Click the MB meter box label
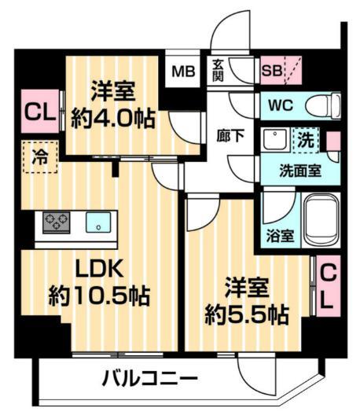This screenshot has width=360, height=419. click(183, 72)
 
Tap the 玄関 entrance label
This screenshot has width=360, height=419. click(219, 71)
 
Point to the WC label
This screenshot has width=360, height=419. click(280, 105)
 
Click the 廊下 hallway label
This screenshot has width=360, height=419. click(230, 134)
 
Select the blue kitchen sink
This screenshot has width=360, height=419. click(97, 222)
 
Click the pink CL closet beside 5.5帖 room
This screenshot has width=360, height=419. click(326, 285)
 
